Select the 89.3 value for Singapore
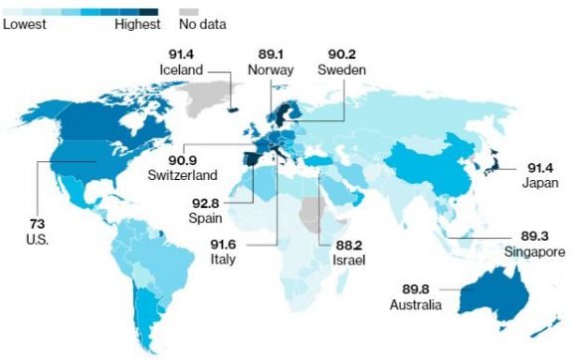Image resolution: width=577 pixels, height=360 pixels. coord(518,237)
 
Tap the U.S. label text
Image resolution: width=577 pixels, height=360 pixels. coord(39,241)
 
